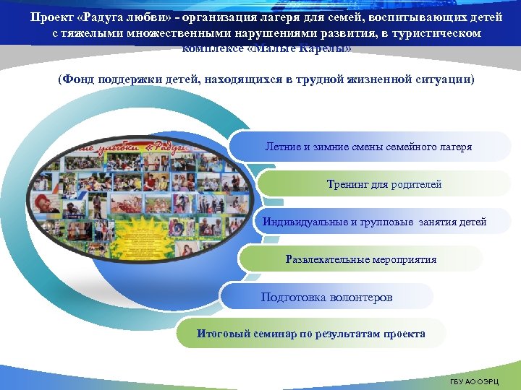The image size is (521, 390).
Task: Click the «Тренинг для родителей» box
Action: pos(384,184)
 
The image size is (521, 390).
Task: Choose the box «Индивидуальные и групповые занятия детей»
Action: pos(374,222)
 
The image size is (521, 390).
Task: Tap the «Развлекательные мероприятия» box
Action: pos(360,259)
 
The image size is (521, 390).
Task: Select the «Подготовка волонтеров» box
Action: pos(326,297)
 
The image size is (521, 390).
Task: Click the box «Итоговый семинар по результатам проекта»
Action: pos(311,334)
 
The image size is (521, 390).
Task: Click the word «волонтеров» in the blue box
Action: pos(360,297)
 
